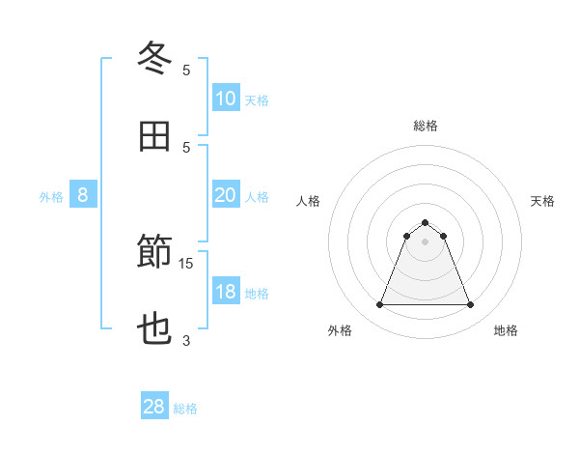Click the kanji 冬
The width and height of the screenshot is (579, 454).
pos(154,58)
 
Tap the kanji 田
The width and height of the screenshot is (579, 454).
pos(154,136)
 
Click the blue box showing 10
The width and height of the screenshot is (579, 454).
pos(225,99)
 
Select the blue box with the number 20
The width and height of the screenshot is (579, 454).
pos(225,195)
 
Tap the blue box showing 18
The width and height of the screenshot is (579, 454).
pos(225,292)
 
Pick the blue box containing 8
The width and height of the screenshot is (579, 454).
pos(83,195)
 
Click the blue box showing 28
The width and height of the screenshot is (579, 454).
pos(153,407)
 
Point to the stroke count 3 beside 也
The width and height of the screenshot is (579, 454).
pos(186,340)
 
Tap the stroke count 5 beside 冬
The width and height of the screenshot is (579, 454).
pos(186,70)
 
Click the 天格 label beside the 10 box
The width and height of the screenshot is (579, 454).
pos(257,100)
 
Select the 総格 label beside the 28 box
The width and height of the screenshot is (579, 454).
pos(185,409)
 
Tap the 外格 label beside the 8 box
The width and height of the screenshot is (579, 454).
pos(51,197)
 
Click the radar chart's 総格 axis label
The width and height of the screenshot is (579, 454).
pos(426,126)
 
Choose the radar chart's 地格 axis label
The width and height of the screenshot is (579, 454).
pos(506,330)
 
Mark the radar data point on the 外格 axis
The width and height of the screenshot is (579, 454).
pos(380,305)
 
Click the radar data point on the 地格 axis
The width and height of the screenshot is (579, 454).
pos(470,305)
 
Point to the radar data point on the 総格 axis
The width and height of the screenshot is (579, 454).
pos(426,222)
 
